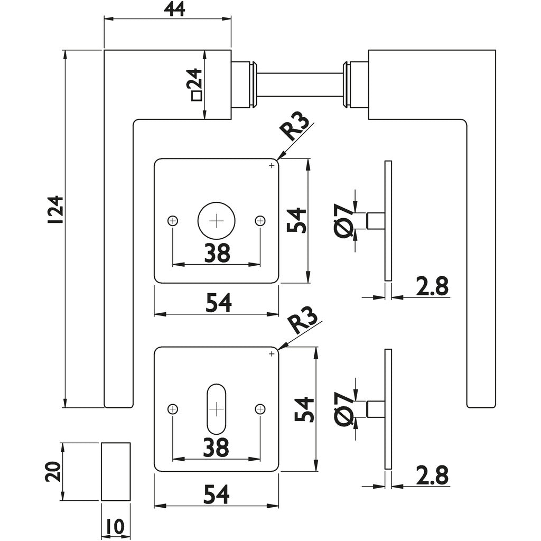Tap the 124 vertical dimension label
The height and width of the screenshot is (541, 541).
pyautogui.click(x=55, y=211)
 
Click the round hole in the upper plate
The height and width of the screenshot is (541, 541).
pyautogui.click(x=216, y=220)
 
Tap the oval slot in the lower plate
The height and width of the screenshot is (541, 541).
pyautogui.click(x=216, y=408)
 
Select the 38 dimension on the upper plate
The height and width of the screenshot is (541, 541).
pyautogui.click(x=217, y=254)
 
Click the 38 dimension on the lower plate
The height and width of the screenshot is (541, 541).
pyautogui.click(x=217, y=447)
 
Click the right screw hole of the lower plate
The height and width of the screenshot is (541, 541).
pyautogui.click(x=259, y=408)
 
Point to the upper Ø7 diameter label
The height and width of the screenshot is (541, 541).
pyautogui.click(x=344, y=220)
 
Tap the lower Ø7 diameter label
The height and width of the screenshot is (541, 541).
pyautogui.click(x=344, y=408)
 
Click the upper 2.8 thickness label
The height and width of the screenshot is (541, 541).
pyautogui.click(x=432, y=286)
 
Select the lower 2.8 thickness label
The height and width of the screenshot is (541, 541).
pyautogui.click(x=432, y=475)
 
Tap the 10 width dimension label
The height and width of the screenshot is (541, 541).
pyautogui.click(x=115, y=527)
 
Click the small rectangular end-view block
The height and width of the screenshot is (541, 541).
pyautogui.click(x=115, y=471)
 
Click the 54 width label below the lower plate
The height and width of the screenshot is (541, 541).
pyautogui.click(x=217, y=495)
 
